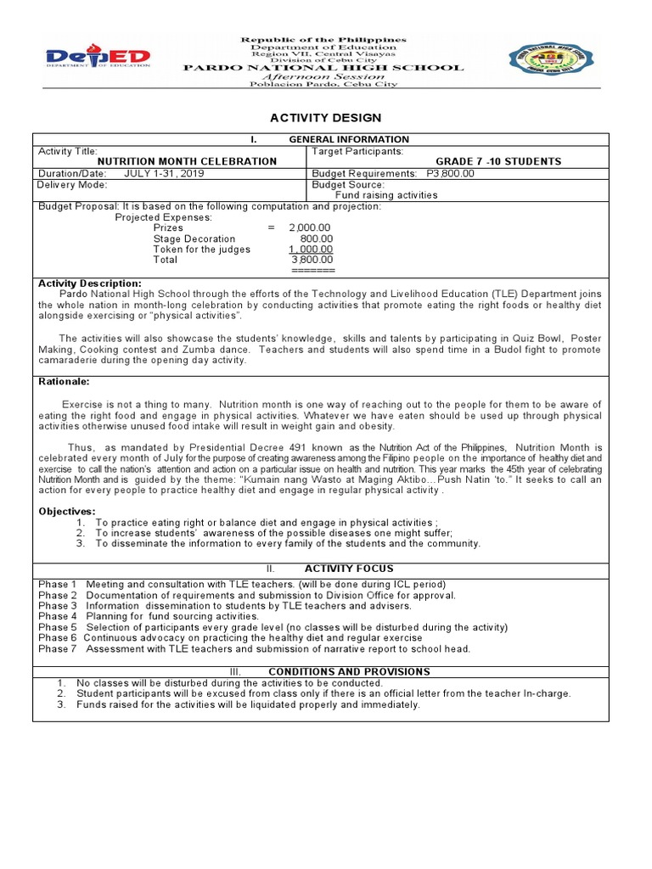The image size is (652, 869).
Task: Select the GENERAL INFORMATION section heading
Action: tap(349, 139)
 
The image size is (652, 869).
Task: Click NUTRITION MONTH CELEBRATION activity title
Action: tap(187, 161)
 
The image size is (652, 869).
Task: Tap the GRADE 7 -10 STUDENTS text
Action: tap(498, 161)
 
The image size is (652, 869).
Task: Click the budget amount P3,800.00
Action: tap(451, 173)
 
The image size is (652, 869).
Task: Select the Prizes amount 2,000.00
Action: tap(310, 227)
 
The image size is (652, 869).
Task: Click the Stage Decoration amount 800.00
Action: tap(317, 238)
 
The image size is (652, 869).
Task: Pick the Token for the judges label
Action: tap(201, 249)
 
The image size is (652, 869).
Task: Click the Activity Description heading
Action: tap(90, 283)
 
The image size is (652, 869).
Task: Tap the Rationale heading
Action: tap(64, 382)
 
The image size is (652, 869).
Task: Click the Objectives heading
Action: tap(67, 511)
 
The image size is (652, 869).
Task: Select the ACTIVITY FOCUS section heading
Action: tap(349, 569)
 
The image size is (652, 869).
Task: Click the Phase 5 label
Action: tap(58, 627)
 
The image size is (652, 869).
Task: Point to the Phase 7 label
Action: tap(58, 649)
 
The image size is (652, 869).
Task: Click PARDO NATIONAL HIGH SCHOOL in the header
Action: tap(323, 68)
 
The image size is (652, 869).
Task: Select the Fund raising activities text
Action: tap(386, 195)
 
